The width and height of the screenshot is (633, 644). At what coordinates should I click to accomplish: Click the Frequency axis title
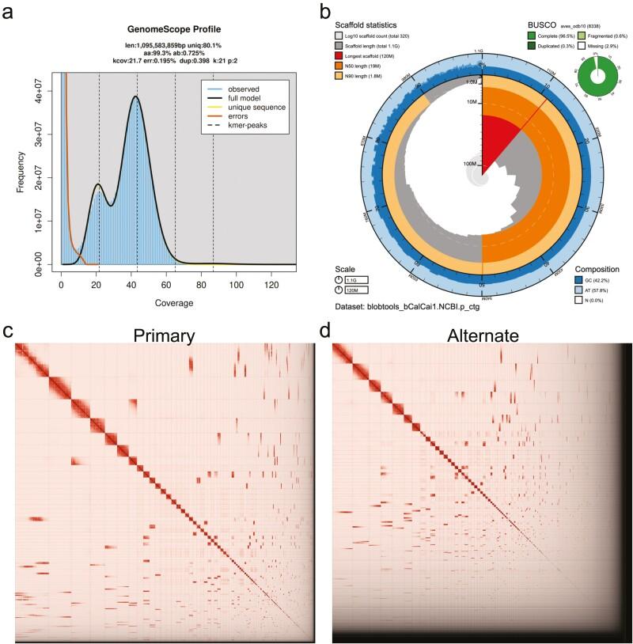click(x=9, y=169)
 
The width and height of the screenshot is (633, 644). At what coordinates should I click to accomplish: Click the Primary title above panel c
click(x=165, y=335)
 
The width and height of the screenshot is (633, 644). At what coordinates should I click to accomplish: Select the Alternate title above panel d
click(x=482, y=335)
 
